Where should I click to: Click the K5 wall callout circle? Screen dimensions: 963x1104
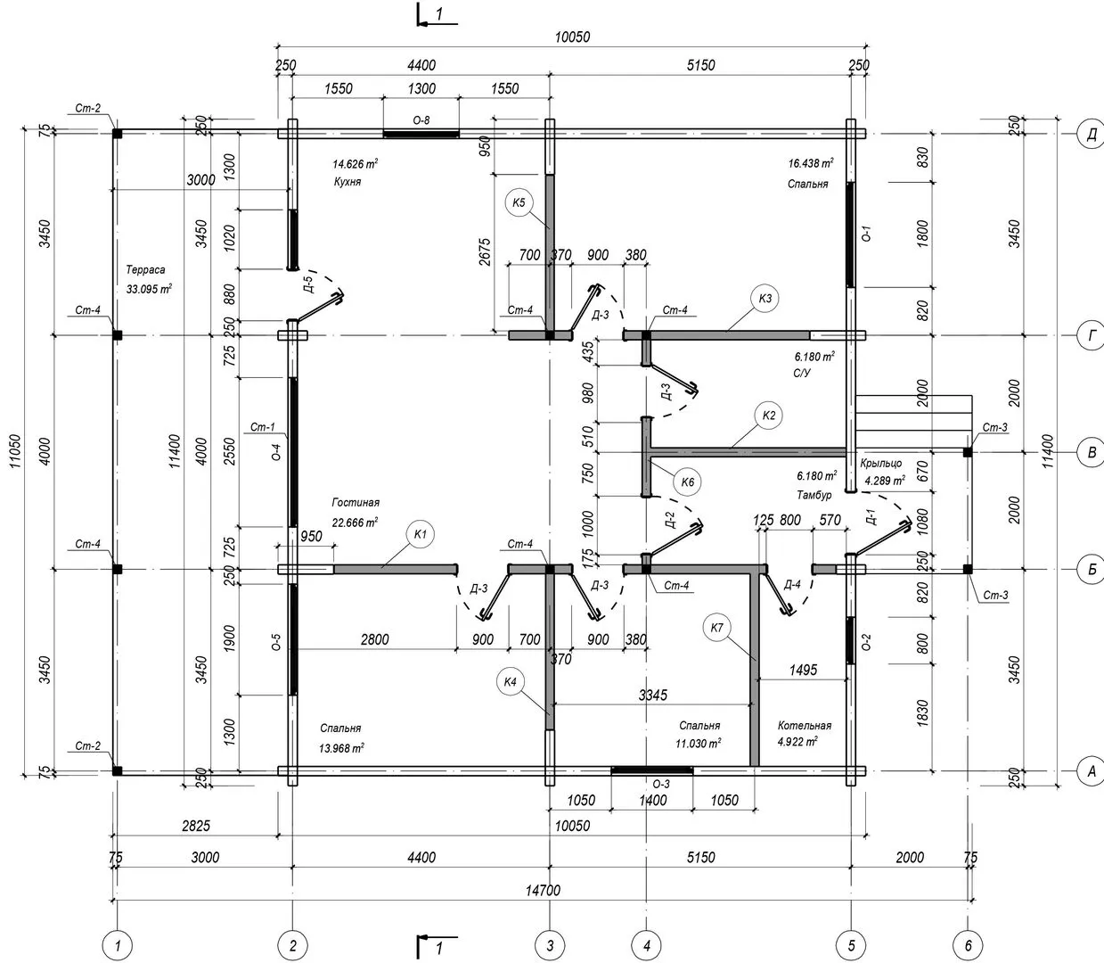coord(519,202)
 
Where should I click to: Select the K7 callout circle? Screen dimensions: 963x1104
coord(717,628)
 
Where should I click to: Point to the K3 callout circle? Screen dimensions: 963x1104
coord(765,299)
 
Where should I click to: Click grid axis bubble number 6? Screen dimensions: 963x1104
coord(968,943)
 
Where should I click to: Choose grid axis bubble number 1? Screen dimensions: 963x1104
coord(117,943)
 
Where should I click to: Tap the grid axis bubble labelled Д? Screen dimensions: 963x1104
coord(1090,134)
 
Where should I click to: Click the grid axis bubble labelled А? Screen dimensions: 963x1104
coord(1090,771)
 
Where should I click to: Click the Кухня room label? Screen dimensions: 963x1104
coord(347,182)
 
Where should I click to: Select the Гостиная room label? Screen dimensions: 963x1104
coord(356,503)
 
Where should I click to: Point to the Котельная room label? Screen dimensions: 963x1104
coord(804,726)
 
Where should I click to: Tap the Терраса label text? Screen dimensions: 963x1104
coord(145,269)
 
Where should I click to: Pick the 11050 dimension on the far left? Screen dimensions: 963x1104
coord(16,444)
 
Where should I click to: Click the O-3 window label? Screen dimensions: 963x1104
coord(661,784)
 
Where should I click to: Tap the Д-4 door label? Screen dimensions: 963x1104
coord(791,585)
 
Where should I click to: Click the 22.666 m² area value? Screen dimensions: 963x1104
coord(355,523)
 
